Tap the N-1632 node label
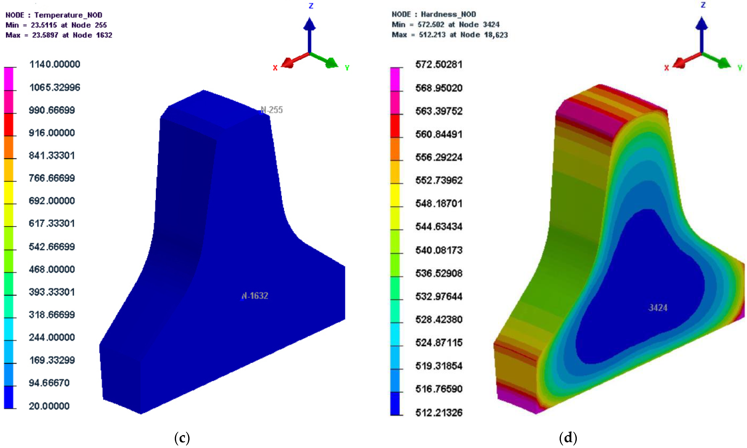pos(255,296)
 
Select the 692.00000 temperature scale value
pos(52,201)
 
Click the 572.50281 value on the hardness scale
pos(439,64)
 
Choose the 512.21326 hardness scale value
pos(439,412)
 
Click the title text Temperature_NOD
pos(68,15)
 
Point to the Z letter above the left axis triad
pos(311,6)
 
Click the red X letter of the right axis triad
pos(666,68)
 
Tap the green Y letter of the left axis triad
pos(347,68)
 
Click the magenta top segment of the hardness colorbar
pos(395,79)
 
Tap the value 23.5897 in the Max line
pos(45,35)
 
